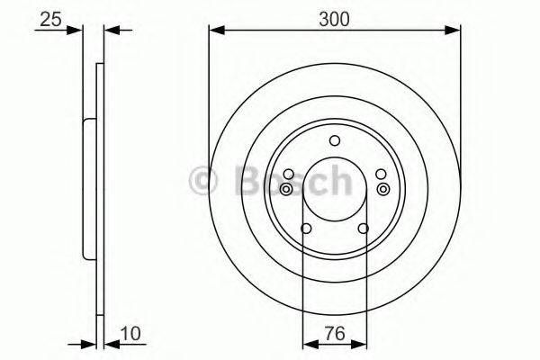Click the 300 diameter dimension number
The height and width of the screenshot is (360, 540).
334,16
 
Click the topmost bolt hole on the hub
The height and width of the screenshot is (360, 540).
335,139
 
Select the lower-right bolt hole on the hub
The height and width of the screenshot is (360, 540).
364,229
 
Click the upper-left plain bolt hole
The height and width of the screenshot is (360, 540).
288,175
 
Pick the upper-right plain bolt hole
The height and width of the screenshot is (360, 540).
381,175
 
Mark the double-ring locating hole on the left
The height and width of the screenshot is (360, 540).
286,189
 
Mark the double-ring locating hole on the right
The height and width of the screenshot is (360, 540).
383,189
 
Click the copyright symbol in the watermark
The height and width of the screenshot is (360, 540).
206,183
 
